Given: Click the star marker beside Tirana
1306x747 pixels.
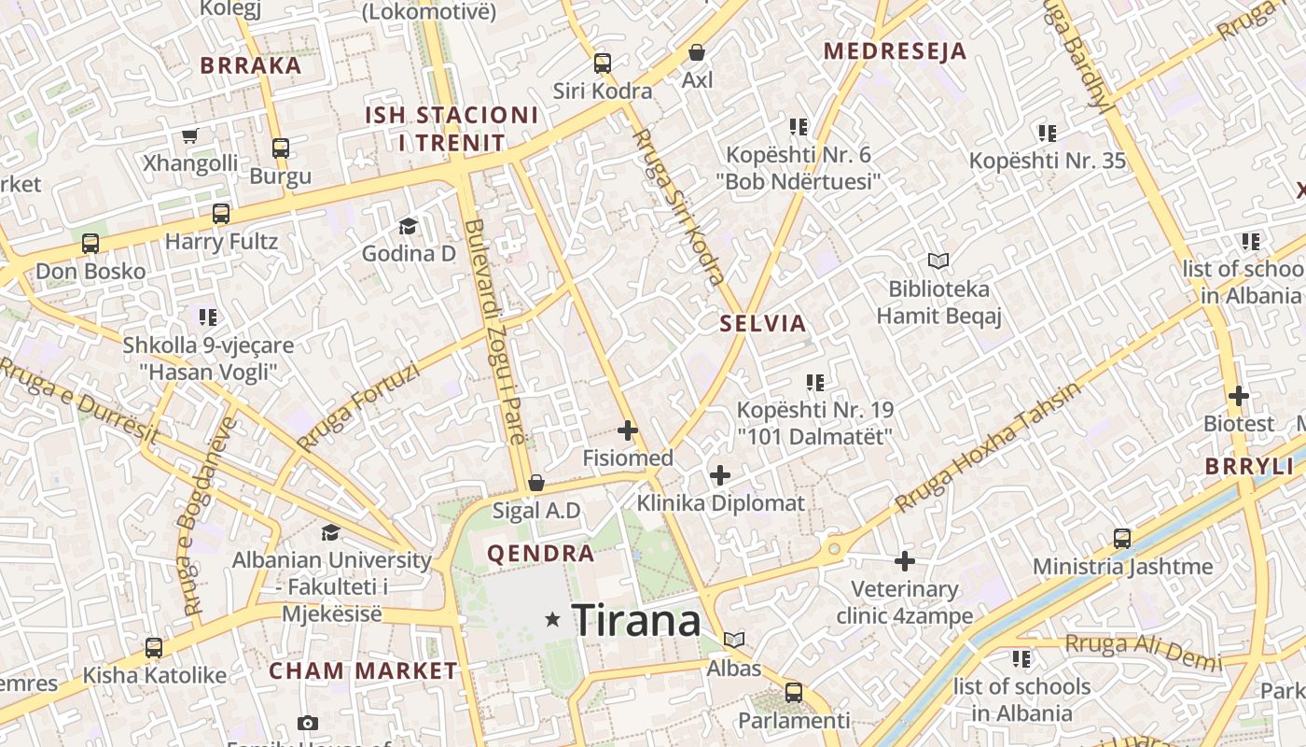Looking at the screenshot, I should tap(553, 618).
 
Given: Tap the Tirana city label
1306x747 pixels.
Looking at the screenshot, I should tap(636, 620).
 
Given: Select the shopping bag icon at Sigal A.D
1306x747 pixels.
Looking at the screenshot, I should tap(536, 483).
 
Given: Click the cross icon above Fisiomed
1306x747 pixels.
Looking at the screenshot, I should tap(628, 430).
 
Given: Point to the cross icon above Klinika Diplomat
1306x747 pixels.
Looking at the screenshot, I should tap(720, 475).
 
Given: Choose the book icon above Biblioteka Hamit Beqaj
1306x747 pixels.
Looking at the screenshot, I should tap(938, 261).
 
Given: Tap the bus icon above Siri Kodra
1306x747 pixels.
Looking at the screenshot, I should tap(603, 63).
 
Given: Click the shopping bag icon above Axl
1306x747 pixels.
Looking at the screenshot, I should tap(697, 52).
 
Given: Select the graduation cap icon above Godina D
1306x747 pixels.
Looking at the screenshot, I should tap(408, 226).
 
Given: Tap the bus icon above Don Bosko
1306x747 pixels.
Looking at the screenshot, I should tap(90, 244).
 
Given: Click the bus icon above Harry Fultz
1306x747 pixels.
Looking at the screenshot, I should tap(221, 214).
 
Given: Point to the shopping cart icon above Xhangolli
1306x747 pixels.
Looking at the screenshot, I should tap(190, 136).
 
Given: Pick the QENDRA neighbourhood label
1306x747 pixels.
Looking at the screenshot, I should tap(541, 553).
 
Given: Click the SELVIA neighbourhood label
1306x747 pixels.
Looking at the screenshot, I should tap(762, 324).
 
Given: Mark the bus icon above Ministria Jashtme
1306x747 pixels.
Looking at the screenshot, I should tap(1122, 539).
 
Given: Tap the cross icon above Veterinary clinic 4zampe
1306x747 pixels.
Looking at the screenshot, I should tap(905, 561).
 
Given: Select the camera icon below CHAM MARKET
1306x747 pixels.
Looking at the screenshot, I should tap(307, 723).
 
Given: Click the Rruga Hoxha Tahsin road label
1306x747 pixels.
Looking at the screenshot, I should tap(989, 447).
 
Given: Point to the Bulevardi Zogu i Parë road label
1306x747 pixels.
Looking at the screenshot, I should tap(495, 331).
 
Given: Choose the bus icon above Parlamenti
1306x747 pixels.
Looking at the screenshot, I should tap(794, 693).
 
